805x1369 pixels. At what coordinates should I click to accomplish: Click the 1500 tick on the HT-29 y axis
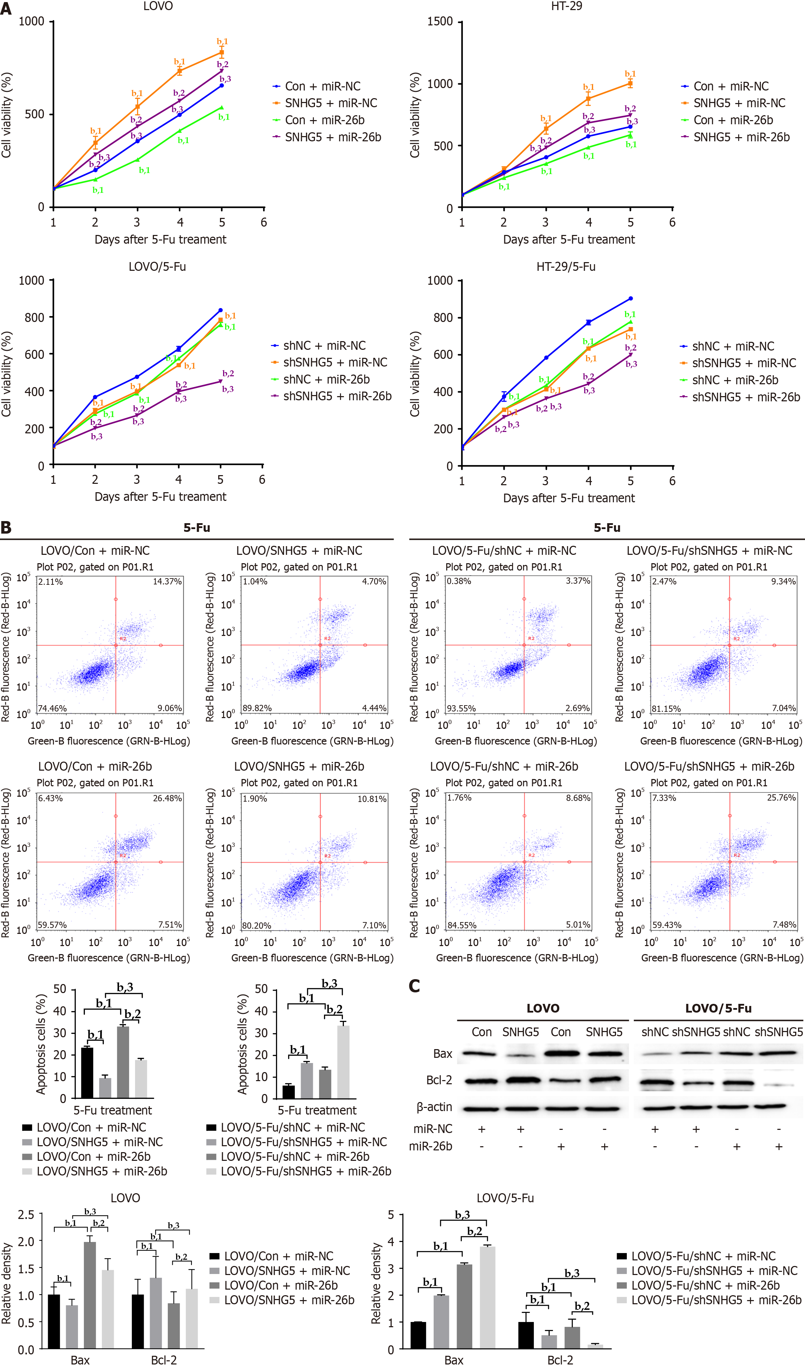440,22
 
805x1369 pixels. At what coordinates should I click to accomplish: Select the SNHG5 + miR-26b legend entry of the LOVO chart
332,137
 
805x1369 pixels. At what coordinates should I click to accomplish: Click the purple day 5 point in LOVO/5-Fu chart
221,381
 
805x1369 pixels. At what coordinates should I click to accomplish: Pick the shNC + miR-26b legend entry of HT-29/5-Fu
734,380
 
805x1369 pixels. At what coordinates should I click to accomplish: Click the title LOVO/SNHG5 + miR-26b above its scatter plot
299,766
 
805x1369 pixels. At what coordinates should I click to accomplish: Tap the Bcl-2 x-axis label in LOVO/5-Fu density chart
560,1360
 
